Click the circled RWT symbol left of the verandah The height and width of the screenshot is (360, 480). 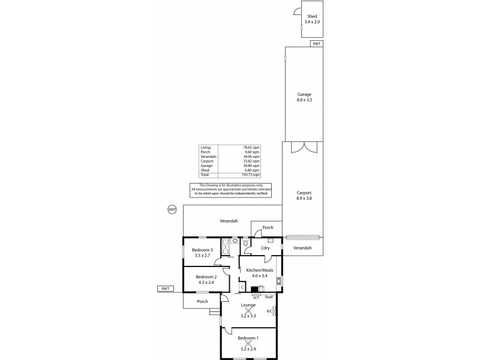point(172,209)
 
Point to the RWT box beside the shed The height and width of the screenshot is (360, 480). point(316,43)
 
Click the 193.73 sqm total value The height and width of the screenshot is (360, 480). point(251,175)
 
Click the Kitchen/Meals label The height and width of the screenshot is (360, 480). point(260,271)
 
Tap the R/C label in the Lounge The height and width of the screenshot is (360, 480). point(269,310)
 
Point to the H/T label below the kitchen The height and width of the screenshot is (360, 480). point(256,298)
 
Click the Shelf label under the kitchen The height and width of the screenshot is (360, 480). point(269,298)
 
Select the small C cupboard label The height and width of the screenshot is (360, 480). point(242,287)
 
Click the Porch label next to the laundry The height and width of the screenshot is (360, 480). point(268,227)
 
